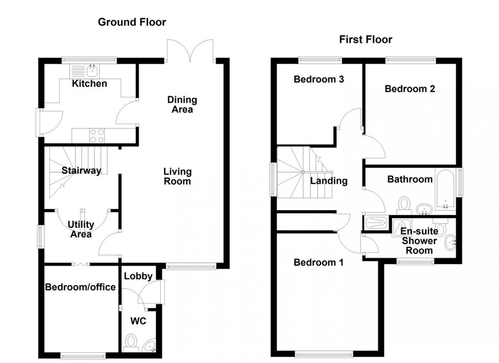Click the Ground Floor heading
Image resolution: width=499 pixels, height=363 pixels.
(x=132, y=22)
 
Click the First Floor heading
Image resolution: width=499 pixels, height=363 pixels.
(x=366, y=39)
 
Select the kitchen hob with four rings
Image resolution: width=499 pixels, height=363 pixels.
(x=97, y=135)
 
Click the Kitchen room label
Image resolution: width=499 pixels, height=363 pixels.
(x=89, y=84)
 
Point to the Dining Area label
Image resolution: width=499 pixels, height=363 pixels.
(x=182, y=105)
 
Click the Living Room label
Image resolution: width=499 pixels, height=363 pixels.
(x=177, y=176)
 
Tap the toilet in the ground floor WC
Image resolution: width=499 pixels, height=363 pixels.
(x=131, y=341)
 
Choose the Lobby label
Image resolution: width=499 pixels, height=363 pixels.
(x=138, y=276)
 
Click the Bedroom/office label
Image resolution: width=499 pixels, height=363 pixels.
(x=80, y=288)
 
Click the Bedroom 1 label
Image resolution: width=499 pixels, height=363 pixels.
(x=318, y=263)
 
